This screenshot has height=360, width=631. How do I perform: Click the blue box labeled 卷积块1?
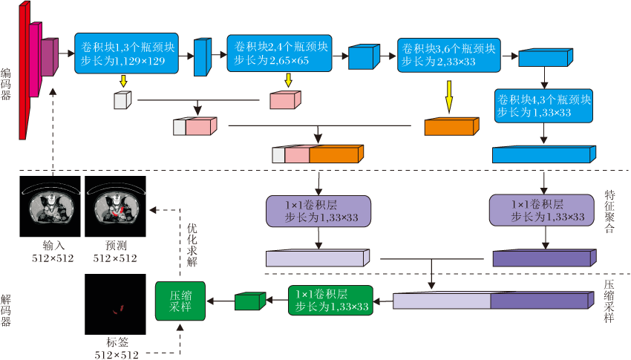coord(127,53)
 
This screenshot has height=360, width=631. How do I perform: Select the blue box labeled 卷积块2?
coord(278,53)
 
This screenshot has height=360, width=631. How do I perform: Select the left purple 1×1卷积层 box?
coord(318,211)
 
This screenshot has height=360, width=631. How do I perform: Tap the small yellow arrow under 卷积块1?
coord(123,80)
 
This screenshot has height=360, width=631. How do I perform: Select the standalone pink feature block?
coord(284,99)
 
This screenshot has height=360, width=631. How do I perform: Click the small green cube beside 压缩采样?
coord(249,301)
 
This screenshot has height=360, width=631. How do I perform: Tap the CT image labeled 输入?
coord(52,208)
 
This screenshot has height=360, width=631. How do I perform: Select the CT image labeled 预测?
coord(114,208)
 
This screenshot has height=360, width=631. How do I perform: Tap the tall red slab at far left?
coord(23,71)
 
